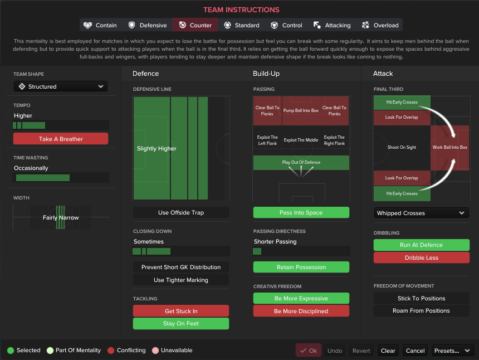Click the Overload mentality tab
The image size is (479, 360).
[x=380, y=25]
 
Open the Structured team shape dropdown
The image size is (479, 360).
[x=61, y=86]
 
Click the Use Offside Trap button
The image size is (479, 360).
[x=181, y=212]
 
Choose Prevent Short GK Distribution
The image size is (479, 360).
[x=181, y=267]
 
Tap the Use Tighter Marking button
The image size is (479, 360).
[x=181, y=280]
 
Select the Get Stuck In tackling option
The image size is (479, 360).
[x=181, y=311]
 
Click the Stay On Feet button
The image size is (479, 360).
[x=181, y=323]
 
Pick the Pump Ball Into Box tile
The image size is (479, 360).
[x=301, y=110]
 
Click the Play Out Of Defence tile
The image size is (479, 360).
[x=301, y=162]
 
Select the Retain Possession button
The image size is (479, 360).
[x=301, y=267]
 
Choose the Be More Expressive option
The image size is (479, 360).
[x=301, y=298]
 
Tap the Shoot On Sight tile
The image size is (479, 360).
[x=402, y=148]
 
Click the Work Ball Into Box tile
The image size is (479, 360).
[x=449, y=148]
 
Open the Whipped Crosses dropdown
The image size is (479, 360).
[x=421, y=213]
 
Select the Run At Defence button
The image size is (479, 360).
[x=422, y=245]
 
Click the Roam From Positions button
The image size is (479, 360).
[x=422, y=310]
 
